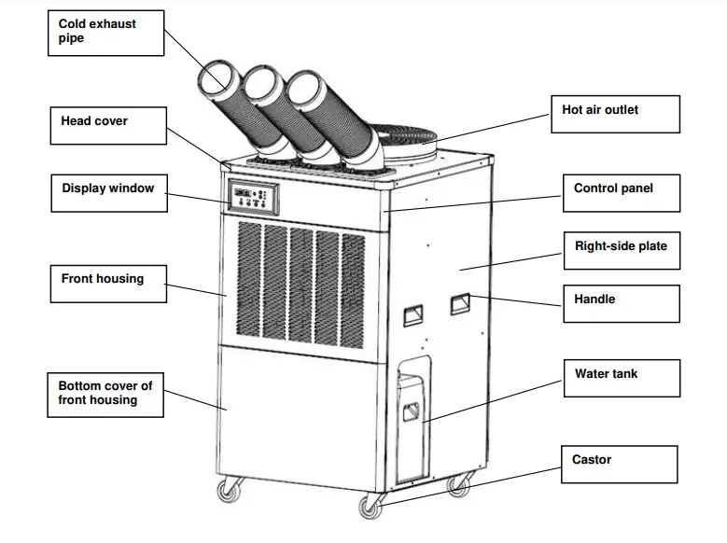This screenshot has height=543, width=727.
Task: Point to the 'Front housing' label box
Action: coord(107,283)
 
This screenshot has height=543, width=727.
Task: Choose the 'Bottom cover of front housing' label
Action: coord(105,394)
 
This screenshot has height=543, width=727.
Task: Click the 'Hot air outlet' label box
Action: coord(614,114)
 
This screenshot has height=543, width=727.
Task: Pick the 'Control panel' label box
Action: coord(620,193)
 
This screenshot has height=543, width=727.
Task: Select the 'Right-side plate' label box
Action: coord(620,251)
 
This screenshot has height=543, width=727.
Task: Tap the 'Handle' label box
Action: coord(620,303)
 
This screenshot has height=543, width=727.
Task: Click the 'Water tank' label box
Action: coord(620,378)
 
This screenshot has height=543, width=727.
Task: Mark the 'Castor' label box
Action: coord(620,465)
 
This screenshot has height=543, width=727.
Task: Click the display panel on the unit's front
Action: coord(253,197)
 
